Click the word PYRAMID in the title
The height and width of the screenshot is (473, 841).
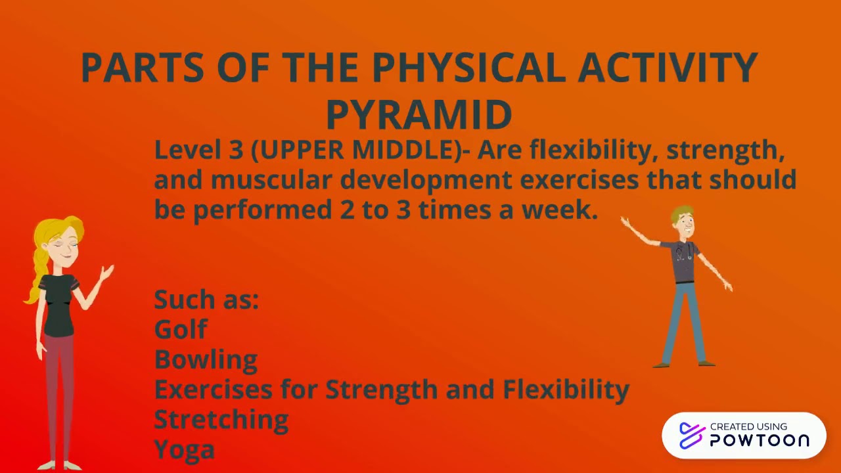tap(419, 115)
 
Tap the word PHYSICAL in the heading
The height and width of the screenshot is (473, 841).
tap(468, 67)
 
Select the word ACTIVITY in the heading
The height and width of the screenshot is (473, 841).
tap(668, 67)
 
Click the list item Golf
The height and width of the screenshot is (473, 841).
tap(181, 329)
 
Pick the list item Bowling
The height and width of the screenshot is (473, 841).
tap(206, 359)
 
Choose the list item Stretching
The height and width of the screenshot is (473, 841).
tap(221, 419)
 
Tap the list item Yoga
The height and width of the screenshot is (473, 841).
tap(184, 449)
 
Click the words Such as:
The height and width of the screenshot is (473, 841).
tap(206, 300)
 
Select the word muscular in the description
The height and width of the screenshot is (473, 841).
tap(271, 180)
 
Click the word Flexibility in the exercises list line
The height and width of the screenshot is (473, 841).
tap(566, 390)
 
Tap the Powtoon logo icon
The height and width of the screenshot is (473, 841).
tap(691, 436)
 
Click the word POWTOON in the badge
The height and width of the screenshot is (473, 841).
tap(760, 441)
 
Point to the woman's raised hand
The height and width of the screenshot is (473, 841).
tap(107, 271)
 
